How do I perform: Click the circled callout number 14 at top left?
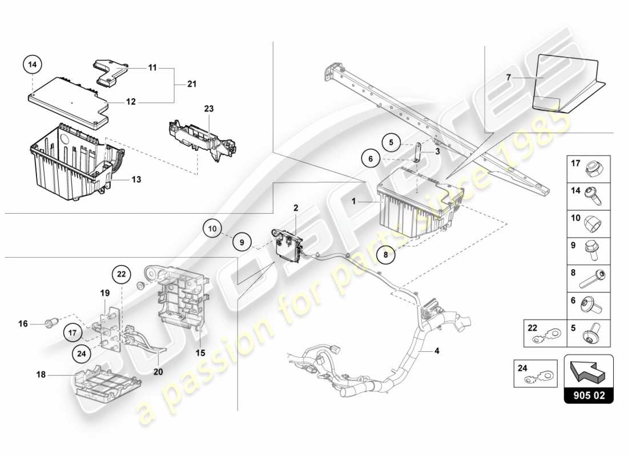[x=33, y=65]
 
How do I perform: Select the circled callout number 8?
[x=385, y=256]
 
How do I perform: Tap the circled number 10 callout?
[x=212, y=229]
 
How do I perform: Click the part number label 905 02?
[x=589, y=395]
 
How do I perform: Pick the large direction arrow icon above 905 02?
[x=588, y=370]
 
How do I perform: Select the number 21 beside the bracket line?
[x=192, y=85]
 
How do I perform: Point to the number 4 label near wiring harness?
[x=437, y=351]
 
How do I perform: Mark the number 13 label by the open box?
[x=135, y=179]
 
